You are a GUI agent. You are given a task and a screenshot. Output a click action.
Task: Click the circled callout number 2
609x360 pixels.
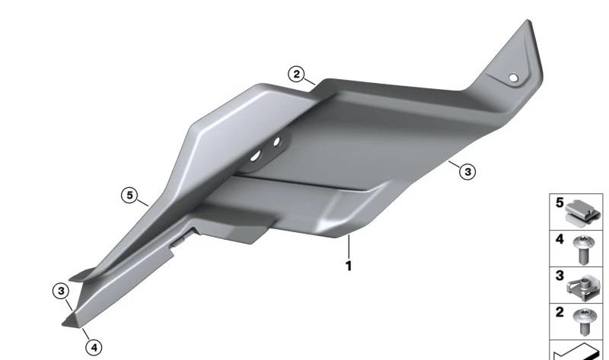(296, 74)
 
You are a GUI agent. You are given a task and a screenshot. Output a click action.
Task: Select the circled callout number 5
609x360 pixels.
(129, 195)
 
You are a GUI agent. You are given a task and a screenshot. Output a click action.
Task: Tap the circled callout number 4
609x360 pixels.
(94, 348)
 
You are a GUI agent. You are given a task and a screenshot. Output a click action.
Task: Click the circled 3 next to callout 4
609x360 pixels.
(61, 291)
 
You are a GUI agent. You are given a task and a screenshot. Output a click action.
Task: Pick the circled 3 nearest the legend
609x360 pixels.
(467, 171)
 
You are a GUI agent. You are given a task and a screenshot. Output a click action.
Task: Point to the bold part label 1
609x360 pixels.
(349, 266)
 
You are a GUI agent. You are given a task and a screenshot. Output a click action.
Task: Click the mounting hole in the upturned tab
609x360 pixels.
(513, 78)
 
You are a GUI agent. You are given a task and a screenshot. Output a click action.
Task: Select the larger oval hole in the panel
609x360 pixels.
(256, 156)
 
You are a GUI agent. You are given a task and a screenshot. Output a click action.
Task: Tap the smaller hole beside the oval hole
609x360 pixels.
(276, 142)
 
